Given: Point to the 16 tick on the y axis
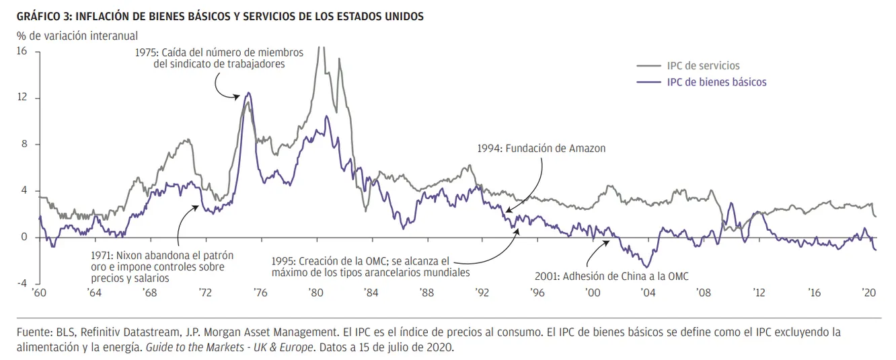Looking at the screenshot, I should point(22,52).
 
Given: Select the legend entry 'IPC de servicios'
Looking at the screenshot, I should point(703,66).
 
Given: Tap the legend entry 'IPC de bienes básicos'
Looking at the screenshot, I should point(716,82).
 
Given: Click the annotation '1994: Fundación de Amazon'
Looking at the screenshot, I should point(542,148).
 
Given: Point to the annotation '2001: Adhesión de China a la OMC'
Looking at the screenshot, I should point(611,275).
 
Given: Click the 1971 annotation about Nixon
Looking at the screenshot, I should point(161,266).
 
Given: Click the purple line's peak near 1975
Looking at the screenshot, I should point(249,93).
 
